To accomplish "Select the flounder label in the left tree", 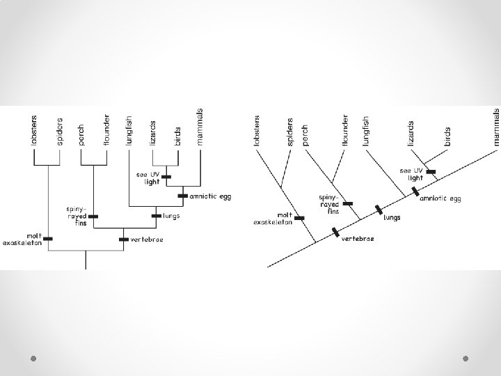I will point(106,130).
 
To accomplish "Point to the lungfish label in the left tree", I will point(129,130).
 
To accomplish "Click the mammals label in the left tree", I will point(200,127).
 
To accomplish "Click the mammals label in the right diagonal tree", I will point(496,126).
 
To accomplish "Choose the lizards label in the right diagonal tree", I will point(411,132).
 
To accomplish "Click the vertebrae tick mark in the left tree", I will point(123,239).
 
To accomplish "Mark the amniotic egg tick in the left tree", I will point(183,196).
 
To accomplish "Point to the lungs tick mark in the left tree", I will point(155,217).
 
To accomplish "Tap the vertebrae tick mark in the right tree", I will point(335,231).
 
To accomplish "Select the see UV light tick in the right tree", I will point(431,171).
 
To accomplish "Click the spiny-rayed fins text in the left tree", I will point(75,212).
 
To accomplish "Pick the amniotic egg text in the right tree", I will point(440,198).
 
